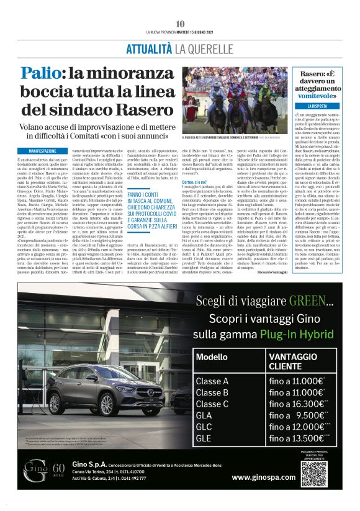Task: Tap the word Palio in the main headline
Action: click(x=41, y=73)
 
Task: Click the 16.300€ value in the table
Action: click(x=313, y=404)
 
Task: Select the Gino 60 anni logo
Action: click(x=43, y=471)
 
